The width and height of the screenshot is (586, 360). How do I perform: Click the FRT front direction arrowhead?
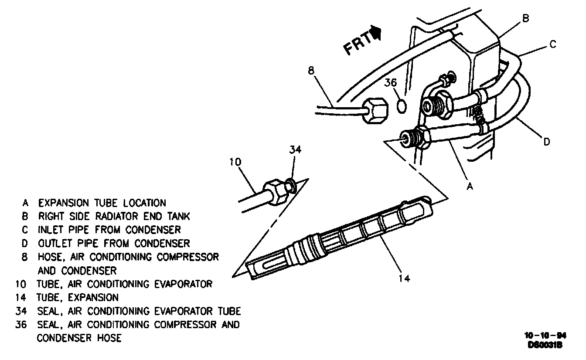click(376, 34)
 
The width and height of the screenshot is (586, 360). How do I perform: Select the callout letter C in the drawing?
click(552, 45)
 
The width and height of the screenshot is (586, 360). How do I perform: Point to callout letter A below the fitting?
click(470, 186)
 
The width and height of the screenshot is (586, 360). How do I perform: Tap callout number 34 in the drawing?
click(295, 150)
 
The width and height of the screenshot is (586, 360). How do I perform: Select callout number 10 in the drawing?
click(235, 162)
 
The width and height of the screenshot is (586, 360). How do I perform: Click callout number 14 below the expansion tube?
click(405, 277)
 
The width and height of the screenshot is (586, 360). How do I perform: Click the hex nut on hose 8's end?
click(374, 110)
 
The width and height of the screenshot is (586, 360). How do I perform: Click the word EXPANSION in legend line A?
click(65, 203)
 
